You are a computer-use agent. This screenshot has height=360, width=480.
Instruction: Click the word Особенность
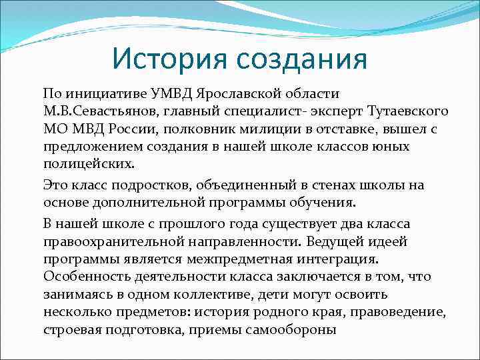tap(83, 275)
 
